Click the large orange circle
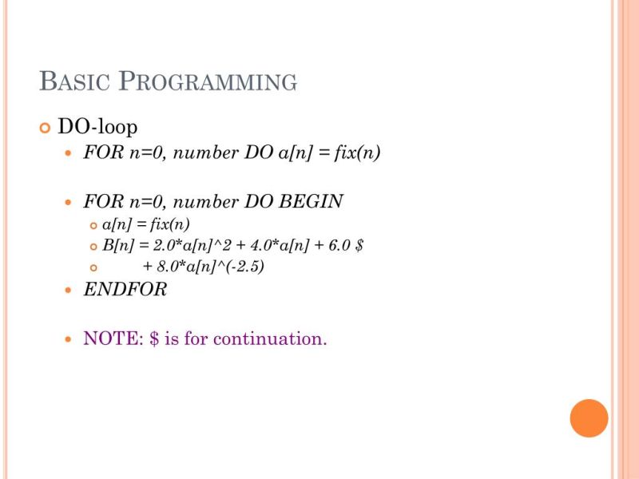pos(589,418)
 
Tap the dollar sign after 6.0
pos(359,245)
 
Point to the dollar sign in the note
pos(153,338)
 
